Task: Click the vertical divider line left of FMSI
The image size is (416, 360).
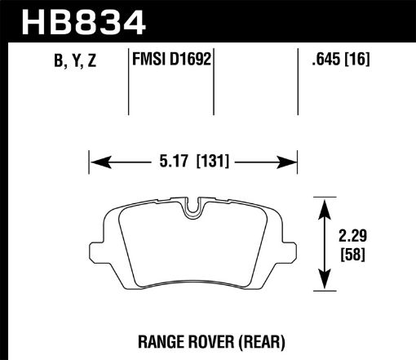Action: (x=131, y=82)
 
